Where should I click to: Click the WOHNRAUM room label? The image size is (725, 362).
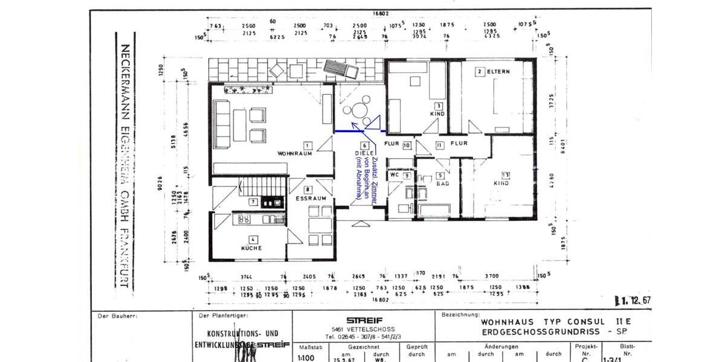294,154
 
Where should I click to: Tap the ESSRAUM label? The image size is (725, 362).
311,198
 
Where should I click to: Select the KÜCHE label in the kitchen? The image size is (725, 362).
251,248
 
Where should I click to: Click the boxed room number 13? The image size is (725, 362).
497,174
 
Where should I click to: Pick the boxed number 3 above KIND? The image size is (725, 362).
438,106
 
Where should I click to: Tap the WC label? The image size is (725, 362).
395,176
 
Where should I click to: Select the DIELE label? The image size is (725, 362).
364,153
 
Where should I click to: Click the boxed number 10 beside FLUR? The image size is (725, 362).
407,145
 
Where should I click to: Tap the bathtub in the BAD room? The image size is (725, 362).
434,210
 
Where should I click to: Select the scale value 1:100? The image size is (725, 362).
306,357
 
